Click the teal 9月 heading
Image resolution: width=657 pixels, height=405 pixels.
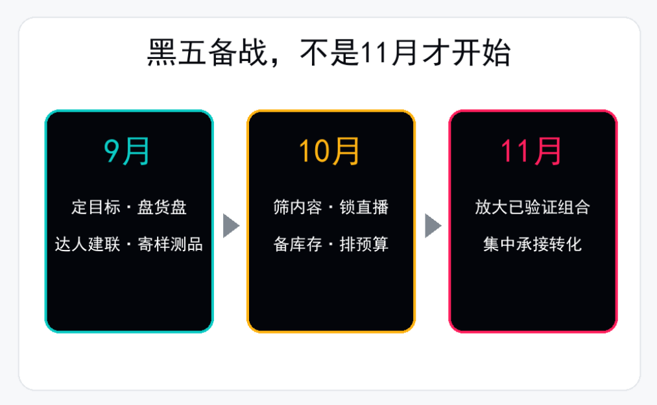coord(126,151)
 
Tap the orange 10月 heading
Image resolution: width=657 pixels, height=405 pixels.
coord(329,151)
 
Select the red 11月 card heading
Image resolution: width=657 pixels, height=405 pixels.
coord(531,151)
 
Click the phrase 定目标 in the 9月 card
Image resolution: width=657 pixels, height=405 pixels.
coord(96,207)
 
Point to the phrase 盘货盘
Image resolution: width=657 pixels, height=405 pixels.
coord(162,207)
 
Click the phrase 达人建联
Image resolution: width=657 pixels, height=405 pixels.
coord(88,244)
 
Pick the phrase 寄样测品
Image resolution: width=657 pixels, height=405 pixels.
coord(170,244)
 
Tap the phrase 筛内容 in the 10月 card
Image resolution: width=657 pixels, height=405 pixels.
coord(298,207)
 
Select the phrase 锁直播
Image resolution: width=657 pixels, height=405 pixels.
coord(364,207)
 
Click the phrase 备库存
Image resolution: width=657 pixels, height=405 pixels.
coord(298,244)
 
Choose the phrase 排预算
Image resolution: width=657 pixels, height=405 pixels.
coord(364,244)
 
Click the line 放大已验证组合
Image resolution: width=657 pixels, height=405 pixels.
coord(532,207)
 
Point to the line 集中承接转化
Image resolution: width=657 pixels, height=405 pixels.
coord(532,244)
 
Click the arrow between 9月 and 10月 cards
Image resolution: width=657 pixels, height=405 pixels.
coord(231,226)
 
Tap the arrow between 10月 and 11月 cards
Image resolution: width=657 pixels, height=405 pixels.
coord(433,226)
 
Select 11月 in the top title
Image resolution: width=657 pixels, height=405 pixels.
coord(388,53)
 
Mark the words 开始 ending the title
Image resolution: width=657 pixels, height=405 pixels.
coord(481,53)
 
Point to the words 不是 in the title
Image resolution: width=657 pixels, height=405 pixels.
coord(329,53)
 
